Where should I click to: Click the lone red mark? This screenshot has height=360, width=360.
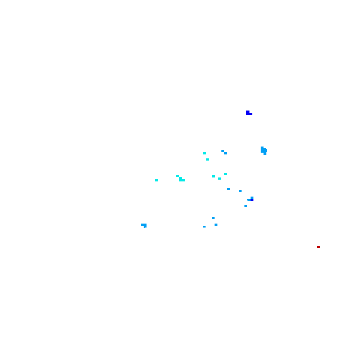318,247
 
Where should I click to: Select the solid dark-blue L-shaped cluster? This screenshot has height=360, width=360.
248,113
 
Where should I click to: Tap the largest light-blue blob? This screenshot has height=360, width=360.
264,150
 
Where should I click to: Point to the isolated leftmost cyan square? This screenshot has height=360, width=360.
157,180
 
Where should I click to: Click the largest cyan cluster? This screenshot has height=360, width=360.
181,179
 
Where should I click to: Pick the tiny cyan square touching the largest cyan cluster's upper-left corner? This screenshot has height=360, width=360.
177,176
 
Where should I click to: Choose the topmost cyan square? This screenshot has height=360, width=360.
204,153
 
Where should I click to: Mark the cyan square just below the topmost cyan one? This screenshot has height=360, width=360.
208,159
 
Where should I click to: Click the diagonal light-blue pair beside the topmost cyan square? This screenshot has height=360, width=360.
224,152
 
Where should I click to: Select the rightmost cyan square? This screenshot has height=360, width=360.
225,174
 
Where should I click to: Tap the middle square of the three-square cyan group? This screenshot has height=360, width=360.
219,179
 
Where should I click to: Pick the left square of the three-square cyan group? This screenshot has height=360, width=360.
213,176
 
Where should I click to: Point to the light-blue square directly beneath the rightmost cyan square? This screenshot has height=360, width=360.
228,189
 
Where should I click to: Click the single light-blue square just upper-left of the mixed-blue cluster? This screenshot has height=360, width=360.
240,191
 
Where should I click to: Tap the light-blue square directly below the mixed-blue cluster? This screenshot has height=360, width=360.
246,206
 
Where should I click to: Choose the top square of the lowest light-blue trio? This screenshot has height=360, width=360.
213,218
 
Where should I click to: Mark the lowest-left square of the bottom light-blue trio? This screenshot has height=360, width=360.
204,226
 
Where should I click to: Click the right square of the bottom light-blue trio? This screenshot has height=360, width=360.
216,225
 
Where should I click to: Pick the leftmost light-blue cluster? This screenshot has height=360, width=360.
144,225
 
